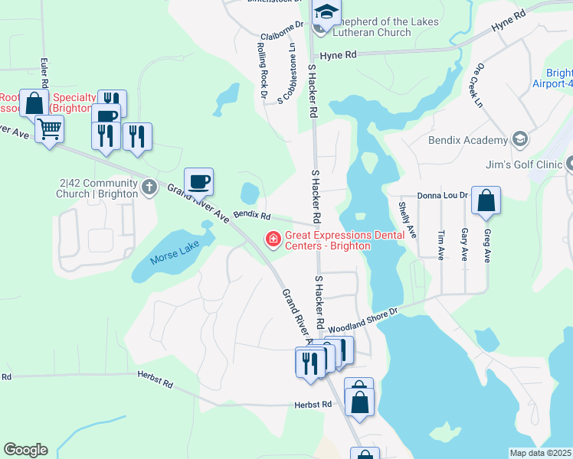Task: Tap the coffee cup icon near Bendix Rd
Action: coord(198,181)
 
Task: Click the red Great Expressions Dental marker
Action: coord(272,239)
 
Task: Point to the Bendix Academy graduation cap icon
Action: coord(520,139)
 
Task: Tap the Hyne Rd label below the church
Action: coord(339,55)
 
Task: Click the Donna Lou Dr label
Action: coord(443,196)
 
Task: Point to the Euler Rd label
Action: coord(47,73)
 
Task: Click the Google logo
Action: coord(25,450)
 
